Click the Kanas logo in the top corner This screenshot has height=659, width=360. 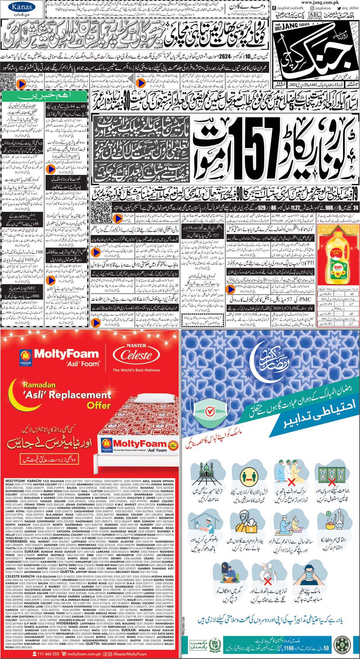click(x=17, y=6)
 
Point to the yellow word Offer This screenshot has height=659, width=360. click(x=98, y=405)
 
